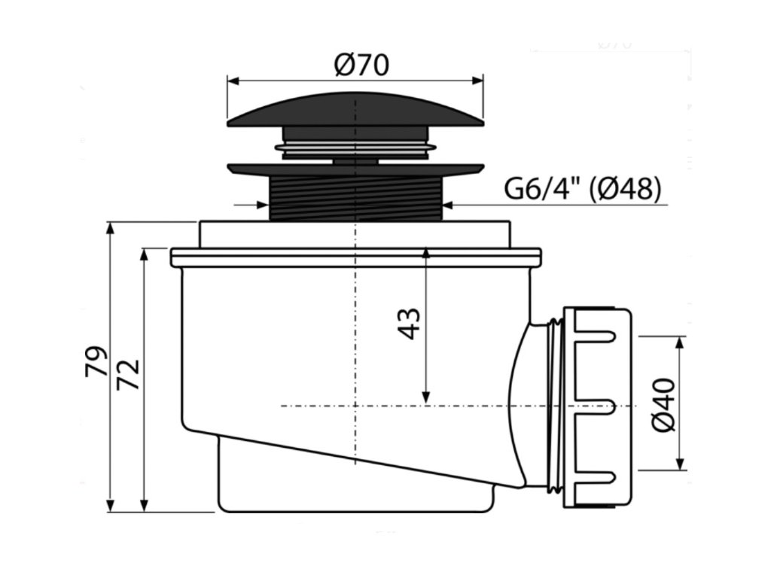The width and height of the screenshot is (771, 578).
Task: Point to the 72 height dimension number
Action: (130, 373)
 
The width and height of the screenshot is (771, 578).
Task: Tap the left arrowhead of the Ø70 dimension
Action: (232, 79)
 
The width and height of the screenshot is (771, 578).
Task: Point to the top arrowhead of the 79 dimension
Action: (111, 228)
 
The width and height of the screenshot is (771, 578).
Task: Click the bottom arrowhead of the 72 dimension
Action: (143, 505)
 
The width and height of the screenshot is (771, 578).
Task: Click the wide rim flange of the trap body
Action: (355, 257)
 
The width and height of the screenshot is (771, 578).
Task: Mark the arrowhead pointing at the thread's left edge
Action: (264, 203)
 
